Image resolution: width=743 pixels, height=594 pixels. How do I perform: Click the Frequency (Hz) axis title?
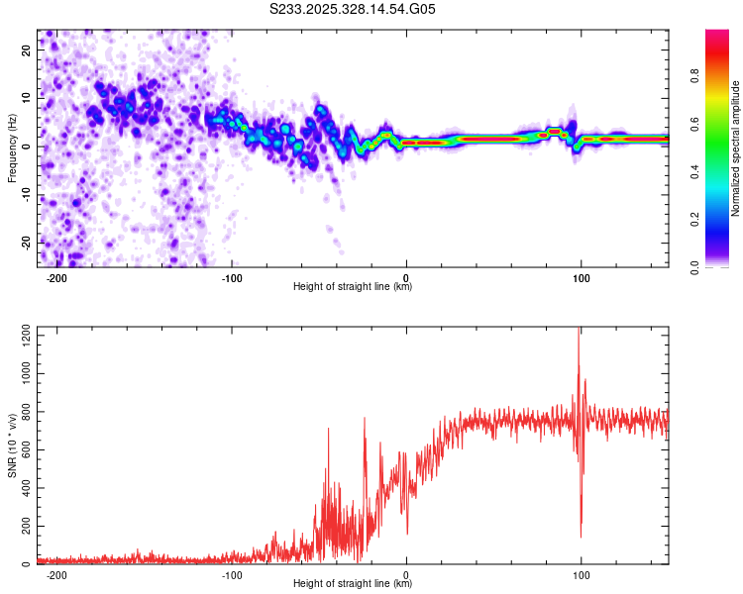pyautogui.click(x=12, y=147)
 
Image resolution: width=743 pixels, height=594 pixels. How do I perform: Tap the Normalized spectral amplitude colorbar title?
pyautogui.click(x=736, y=148)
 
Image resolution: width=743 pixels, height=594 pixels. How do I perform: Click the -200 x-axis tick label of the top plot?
pyautogui.click(x=56, y=277)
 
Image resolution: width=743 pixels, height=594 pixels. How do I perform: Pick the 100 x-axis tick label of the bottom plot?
pyautogui.click(x=582, y=574)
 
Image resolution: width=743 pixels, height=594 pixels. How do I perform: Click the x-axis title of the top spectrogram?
pyautogui.click(x=353, y=287)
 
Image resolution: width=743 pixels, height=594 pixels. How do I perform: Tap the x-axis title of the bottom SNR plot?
pyautogui.click(x=353, y=584)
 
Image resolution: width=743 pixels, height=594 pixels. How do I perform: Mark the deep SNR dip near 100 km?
pyautogui.click(x=581, y=535)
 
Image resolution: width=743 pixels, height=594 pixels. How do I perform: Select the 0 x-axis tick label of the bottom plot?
pyautogui.click(x=406, y=574)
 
